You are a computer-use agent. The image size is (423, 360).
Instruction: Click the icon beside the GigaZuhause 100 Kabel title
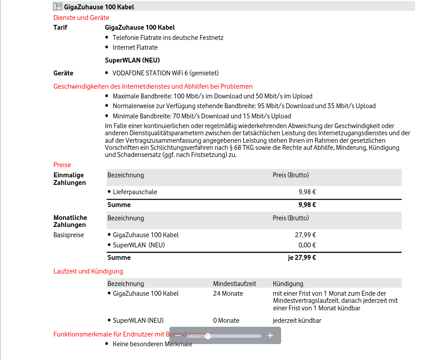click(58, 7)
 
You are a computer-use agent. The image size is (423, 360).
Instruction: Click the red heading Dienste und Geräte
click(81, 18)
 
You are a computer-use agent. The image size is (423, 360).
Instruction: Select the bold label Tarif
click(60, 27)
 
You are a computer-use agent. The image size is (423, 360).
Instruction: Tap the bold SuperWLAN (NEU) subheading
click(132, 60)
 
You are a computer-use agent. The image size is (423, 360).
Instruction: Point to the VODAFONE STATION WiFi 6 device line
click(165, 73)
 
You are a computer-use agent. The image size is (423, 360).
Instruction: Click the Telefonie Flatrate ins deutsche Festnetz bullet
click(168, 38)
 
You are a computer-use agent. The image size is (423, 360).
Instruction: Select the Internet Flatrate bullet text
click(135, 47)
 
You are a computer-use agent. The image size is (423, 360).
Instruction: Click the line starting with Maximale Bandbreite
click(212, 96)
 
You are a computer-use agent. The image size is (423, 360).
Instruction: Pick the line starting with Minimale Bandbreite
click(202, 116)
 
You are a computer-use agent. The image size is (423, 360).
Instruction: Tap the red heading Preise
click(62, 165)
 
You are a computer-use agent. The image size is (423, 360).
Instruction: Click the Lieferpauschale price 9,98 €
click(307, 192)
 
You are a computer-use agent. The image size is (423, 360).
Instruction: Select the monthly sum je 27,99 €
click(302, 257)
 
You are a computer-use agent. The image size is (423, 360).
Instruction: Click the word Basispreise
click(69, 235)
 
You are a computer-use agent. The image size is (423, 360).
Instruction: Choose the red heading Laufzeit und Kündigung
click(88, 271)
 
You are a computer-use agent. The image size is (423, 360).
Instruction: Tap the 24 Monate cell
click(228, 293)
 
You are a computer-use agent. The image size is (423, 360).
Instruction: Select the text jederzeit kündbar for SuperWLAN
click(297, 321)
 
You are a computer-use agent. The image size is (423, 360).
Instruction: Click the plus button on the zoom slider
click(270, 336)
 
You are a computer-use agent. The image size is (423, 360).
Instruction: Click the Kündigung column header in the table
click(288, 284)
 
